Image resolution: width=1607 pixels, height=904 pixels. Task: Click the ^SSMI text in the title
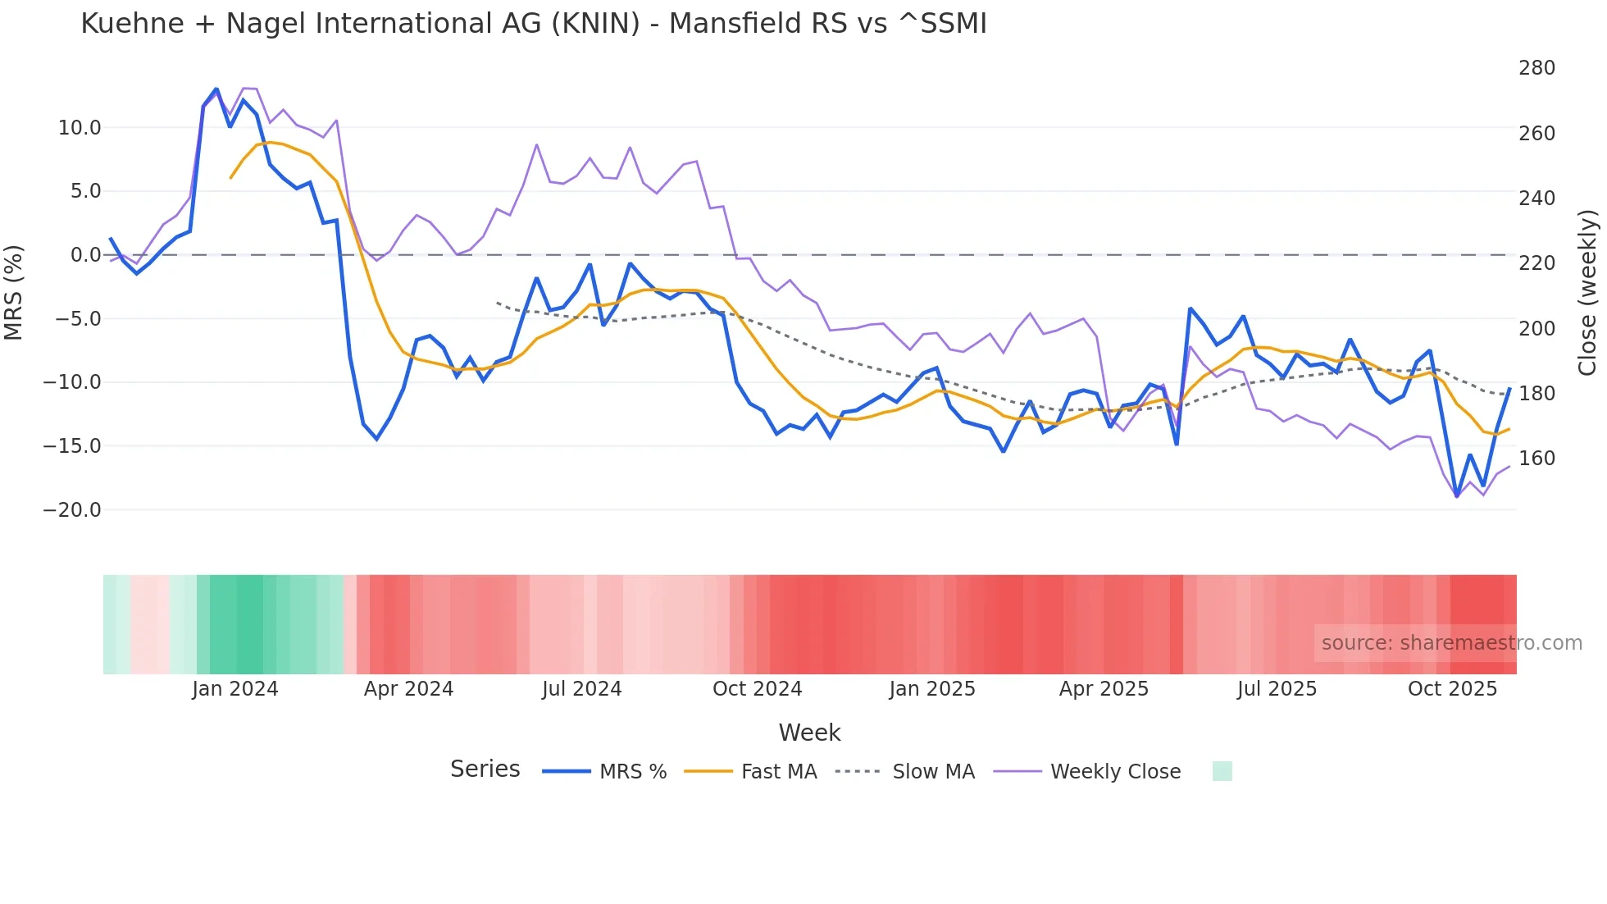942,24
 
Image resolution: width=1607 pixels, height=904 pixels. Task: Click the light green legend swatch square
1222,771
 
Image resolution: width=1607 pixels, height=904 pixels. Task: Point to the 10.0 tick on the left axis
80,128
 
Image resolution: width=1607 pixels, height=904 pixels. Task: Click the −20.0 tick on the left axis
72,510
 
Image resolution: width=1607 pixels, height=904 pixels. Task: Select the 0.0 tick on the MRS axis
85,255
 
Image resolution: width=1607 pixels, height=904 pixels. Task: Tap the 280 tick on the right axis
1536,68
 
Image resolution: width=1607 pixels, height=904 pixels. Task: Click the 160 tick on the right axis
1536,459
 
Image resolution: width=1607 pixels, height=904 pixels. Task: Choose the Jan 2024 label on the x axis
235,689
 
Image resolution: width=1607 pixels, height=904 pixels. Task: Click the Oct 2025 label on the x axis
1452,689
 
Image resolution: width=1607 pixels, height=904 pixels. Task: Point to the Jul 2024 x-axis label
581,689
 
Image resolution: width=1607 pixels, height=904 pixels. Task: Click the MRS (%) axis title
14,292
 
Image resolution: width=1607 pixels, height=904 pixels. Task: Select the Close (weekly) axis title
1588,292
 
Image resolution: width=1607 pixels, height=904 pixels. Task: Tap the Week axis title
809,733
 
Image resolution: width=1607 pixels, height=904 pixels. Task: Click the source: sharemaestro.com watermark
1451,643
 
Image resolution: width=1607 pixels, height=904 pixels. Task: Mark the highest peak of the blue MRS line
216,89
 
